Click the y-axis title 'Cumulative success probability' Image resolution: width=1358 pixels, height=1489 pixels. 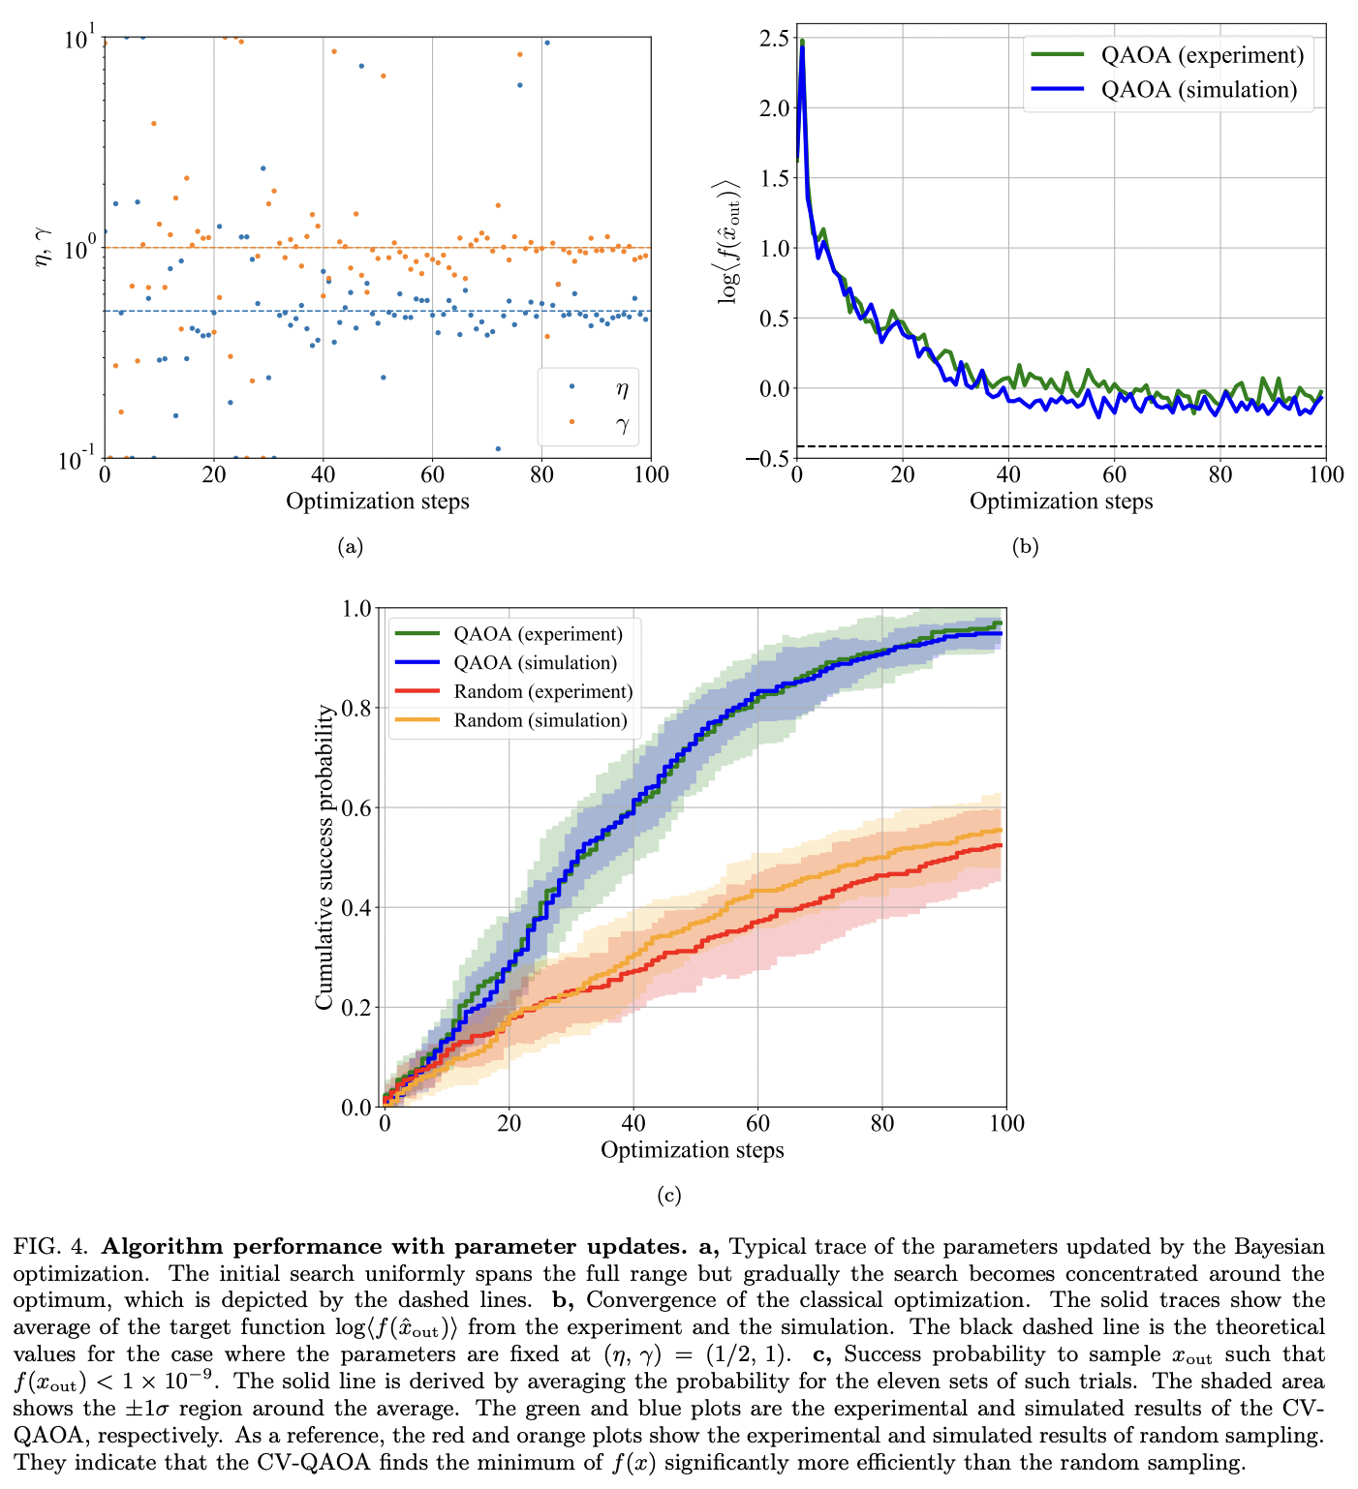tap(324, 858)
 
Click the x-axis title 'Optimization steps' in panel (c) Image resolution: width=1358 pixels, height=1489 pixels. tap(692, 1150)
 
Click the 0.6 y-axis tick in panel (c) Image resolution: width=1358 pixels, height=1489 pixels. tap(357, 807)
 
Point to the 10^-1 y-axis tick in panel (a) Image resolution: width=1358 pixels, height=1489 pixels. tap(76, 458)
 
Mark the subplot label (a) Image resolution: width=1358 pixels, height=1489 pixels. tap(350, 547)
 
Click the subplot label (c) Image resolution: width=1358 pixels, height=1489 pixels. tap(668, 1196)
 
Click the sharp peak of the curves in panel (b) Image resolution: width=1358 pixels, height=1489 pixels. tap(802, 45)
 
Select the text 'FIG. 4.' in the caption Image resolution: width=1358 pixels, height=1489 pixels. tap(50, 1246)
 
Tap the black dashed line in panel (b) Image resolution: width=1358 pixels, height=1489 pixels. tap(1065, 446)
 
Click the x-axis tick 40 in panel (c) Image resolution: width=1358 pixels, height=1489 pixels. tap(633, 1123)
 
